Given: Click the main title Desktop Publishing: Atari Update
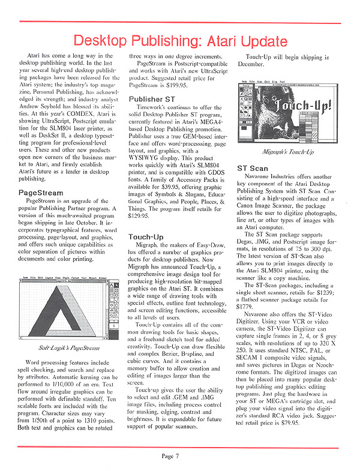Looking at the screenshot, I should [x=179, y=41].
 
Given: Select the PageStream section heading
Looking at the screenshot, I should [x=41, y=193].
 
